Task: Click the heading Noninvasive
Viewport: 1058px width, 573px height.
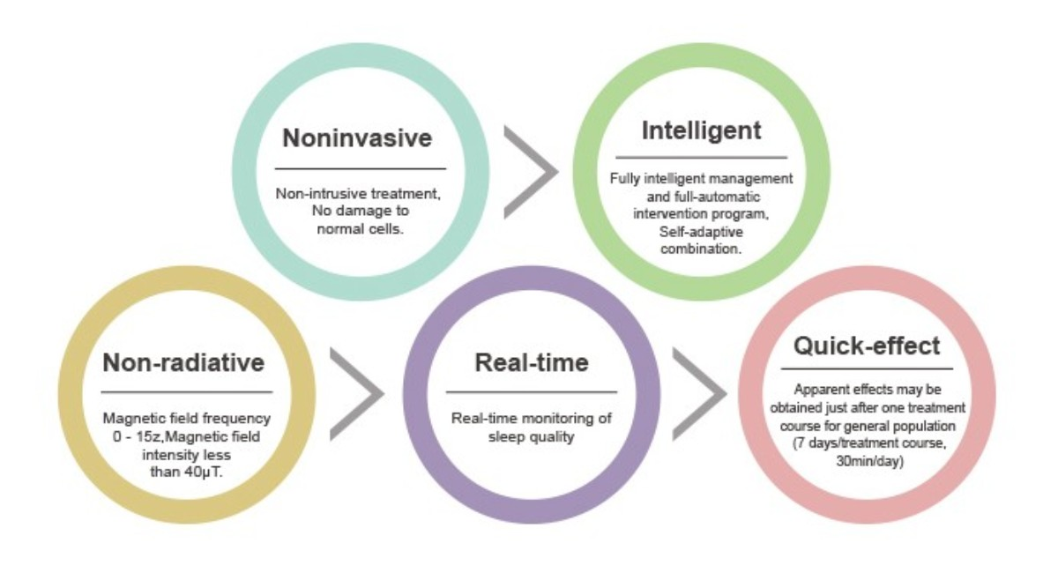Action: [357, 138]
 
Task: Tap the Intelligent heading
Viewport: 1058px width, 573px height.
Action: [702, 130]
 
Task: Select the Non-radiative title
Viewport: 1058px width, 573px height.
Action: [183, 362]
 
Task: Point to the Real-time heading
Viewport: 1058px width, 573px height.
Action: [532, 362]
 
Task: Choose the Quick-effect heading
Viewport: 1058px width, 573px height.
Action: [867, 346]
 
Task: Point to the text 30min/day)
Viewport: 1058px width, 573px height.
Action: [869, 460]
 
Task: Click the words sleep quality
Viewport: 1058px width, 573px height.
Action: [532, 436]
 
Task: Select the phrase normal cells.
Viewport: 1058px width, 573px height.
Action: [361, 228]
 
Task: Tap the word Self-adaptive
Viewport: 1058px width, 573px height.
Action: [701, 232]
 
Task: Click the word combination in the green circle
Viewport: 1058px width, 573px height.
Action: [701, 249]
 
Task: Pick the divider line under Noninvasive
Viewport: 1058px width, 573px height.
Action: [361, 168]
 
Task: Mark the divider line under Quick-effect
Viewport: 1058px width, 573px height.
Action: [867, 368]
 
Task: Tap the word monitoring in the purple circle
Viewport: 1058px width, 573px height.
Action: [559, 419]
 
